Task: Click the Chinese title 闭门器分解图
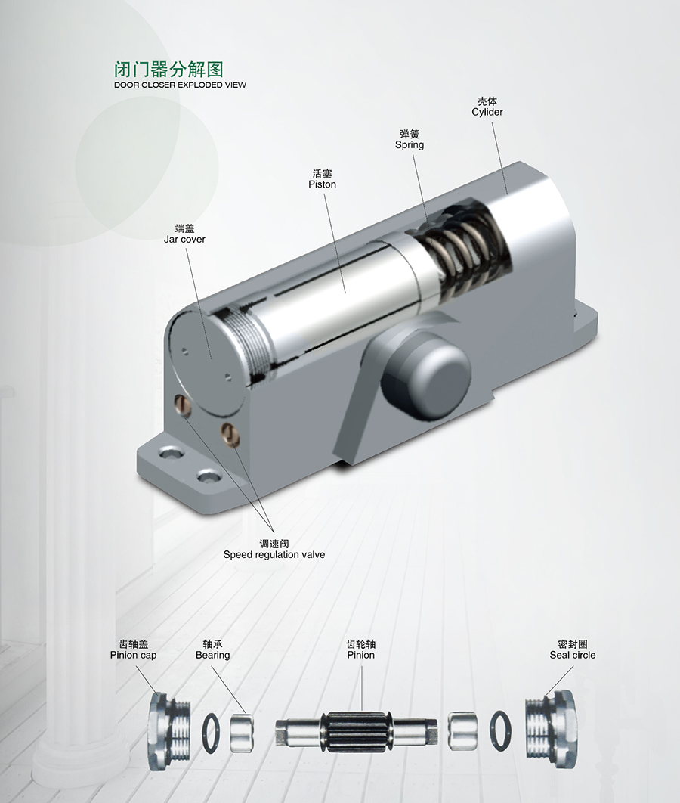click(168, 69)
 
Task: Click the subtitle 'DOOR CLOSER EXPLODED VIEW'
click(180, 85)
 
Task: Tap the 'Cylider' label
click(487, 112)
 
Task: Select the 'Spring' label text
click(410, 145)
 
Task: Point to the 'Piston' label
click(323, 184)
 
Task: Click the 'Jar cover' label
click(184, 239)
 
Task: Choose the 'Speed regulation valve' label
click(274, 555)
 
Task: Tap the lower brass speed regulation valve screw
click(231, 434)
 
